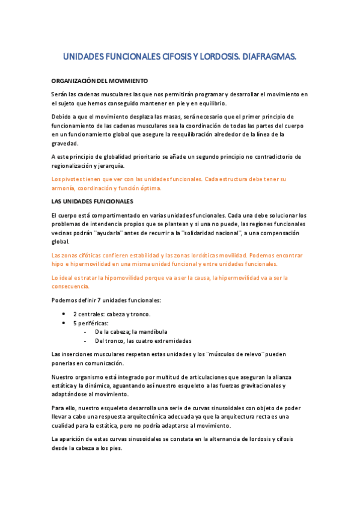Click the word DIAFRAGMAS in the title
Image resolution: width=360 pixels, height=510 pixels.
click(267, 57)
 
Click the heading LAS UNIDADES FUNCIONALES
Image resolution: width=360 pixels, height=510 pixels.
click(93, 200)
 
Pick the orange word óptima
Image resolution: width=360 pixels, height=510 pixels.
click(150, 188)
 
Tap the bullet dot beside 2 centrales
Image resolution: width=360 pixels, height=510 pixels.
click(64, 314)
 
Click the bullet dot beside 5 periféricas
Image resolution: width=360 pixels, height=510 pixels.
click(64, 323)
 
